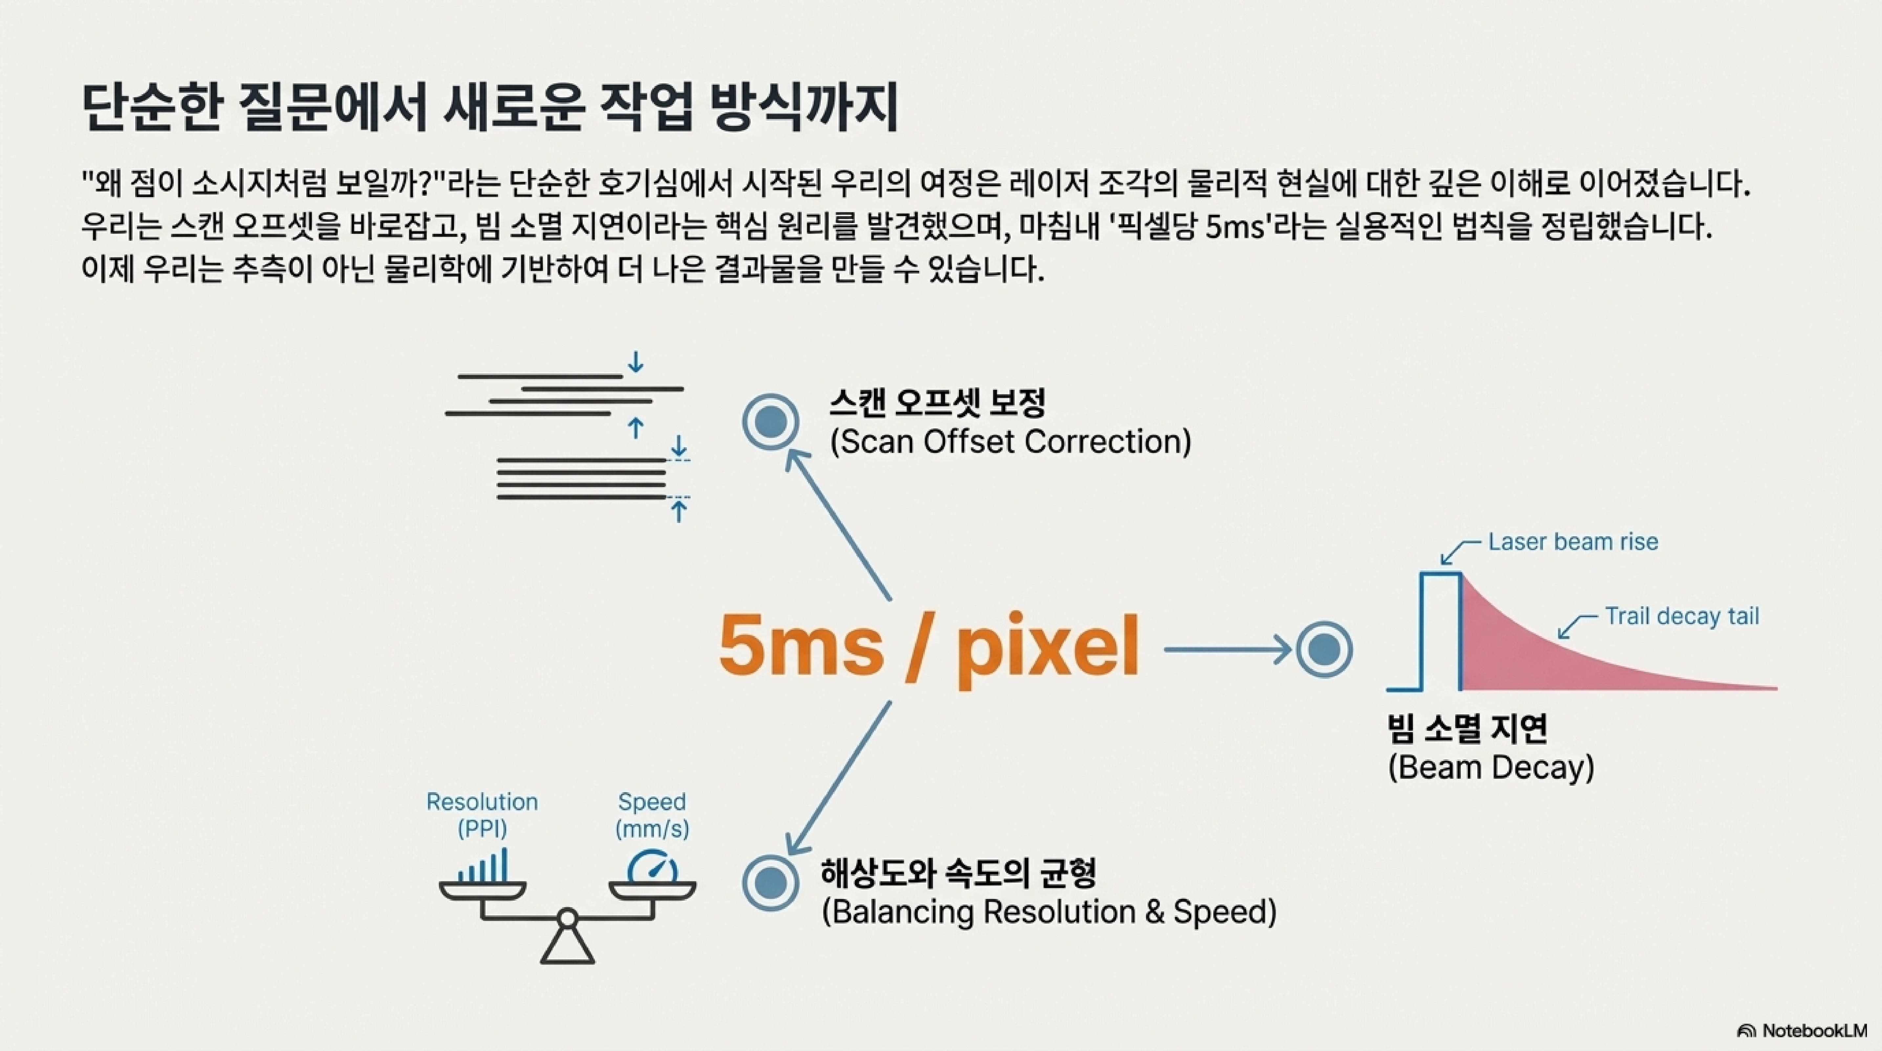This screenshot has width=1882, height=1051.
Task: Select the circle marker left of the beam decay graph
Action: click(1324, 649)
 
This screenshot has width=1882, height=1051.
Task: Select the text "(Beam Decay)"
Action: click(1490, 768)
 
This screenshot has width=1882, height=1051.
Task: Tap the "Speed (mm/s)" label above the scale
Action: click(652, 814)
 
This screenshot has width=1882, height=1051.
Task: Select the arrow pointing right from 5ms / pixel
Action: click(1227, 649)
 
